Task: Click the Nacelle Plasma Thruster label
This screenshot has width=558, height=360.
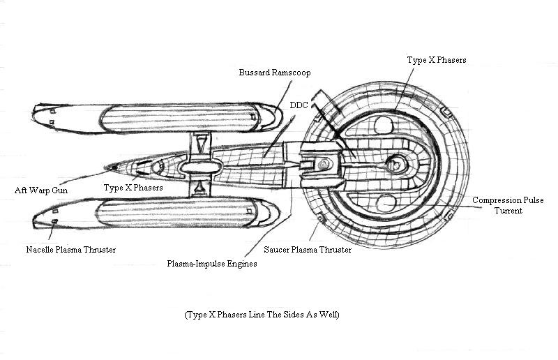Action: tap(71, 249)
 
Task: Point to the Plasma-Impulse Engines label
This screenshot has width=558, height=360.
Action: tap(212, 264)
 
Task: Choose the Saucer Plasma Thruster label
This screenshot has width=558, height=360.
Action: tap(308, 249)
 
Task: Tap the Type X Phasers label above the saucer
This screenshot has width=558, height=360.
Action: tap(436, 61)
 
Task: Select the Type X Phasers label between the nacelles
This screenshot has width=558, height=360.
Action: tap(133, 188)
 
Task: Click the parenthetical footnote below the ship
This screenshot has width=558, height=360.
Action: tap(262, 315)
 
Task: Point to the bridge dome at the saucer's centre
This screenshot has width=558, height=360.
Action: tap(396, 165)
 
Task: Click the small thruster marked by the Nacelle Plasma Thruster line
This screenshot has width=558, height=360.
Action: tap(54, 222)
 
